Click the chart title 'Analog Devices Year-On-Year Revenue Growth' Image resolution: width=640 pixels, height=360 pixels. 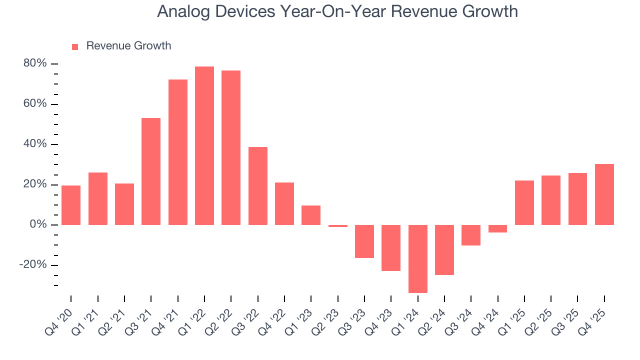pyautogui.click(x=337, y=11)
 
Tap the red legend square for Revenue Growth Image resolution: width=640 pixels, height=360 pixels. pyautogui.click(x=75, y=47)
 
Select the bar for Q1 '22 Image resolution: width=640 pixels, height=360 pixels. pyautogui.click(x=204, y=145)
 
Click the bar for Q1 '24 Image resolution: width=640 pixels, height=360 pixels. pyautogui.click(x=418, y=258)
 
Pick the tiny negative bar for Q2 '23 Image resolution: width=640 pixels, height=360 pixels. pyautogui.click(x=338, y=226)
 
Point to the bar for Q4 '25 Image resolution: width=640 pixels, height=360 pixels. pyautogui.click(x=604, y=194)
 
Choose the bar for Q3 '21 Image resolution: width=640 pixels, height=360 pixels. pyautogui.click(x=151, y=171)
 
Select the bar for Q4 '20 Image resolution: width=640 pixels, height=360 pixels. pyautogui.click(x=71, y=205)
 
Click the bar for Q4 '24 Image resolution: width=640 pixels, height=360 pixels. pyautogui.click(x=497, y=228)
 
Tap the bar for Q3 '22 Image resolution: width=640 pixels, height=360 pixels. pyautogui.click(x=258, y=186)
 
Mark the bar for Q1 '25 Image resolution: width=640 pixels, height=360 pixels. pyautogui.click(x=524, y=202)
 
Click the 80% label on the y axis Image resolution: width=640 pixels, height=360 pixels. pyautogui.click(x=34, y=64)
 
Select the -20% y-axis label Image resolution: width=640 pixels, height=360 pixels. pyautogui.click(x=32, y=265)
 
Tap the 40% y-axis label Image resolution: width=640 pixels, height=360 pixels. pyautogui.click(x=34, y=144)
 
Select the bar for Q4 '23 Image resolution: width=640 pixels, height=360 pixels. pyautogui.click(x=391, y=248)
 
